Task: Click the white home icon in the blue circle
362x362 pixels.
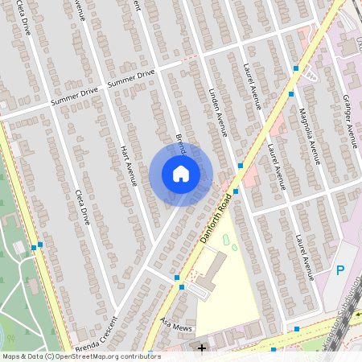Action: (x=180, y=174)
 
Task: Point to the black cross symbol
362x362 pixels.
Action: (x=202, y=348)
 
